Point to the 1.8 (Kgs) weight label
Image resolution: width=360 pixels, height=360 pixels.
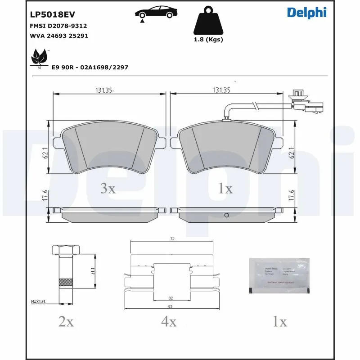[208, 40]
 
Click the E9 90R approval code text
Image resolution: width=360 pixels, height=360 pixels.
[90, 67]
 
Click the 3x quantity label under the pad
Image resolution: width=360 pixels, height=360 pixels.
[108, 189]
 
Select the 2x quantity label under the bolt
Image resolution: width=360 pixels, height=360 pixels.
[66, 321]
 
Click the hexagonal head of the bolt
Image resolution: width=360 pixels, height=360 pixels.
[67, 250]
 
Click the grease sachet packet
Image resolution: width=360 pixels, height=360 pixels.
[279, 276]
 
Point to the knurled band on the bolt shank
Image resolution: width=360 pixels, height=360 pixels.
[67, 283]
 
